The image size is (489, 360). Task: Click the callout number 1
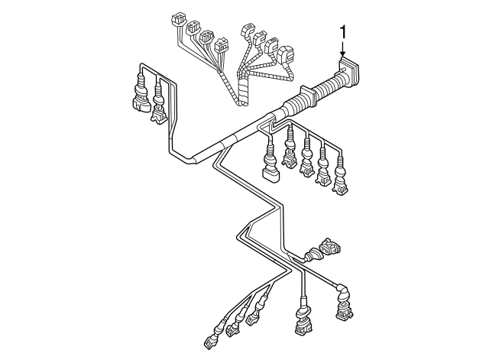tap(344, 32)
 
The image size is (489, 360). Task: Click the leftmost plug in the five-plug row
tap(269, 169)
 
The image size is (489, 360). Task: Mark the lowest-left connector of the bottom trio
tap(212, 340)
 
